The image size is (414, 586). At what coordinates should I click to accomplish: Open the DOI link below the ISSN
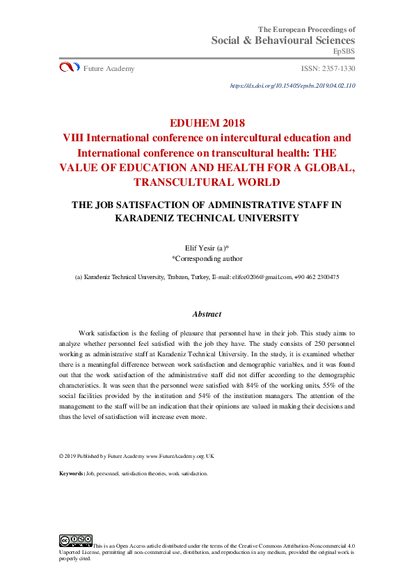coord(292,86)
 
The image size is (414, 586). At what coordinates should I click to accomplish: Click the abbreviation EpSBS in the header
coord(344,52)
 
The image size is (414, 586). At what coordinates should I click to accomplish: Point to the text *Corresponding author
coord(207,258)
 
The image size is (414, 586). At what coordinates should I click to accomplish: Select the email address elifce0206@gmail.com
coord(262,277)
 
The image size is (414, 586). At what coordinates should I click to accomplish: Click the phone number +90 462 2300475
coord(317,277)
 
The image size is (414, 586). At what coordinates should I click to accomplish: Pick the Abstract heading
coord(207,315)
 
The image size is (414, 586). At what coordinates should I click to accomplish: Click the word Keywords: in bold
coord(72,473)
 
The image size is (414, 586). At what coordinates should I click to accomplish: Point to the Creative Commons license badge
coord(76,540)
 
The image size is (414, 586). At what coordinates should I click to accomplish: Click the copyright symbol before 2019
coord(62,456)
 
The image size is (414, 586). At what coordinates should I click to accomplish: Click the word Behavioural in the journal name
coord(286,41)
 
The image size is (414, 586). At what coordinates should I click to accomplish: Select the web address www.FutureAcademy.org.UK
coord(180,456)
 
